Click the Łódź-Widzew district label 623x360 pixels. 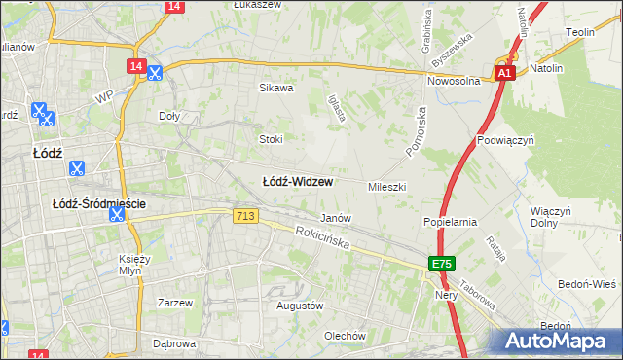[298, 182]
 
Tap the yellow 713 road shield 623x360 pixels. [246, 215]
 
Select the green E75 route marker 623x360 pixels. [442, 264]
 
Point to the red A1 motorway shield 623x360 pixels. [503, 73]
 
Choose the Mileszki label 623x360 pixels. [386, 186]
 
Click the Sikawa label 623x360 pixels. [275, 88]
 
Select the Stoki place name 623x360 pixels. [271, 139]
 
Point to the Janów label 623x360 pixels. [336, 218]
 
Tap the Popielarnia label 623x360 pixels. [449, 222]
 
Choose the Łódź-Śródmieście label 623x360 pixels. [99, 203]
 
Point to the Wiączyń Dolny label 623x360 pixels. [551, 217]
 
